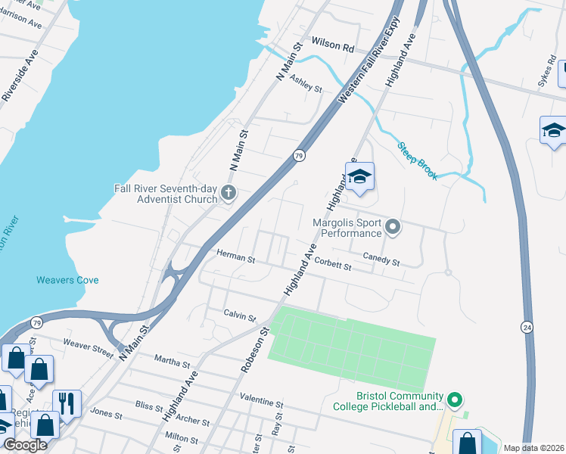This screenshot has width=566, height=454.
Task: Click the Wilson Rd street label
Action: (x=333, y=47)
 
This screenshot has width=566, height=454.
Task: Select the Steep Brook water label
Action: (x=418, y=159)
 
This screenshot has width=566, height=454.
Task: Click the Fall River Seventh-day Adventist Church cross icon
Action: (x=228, y=194)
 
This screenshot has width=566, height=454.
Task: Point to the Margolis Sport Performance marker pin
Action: (x=393, y=226)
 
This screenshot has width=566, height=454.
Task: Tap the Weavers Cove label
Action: (x=67, y=280)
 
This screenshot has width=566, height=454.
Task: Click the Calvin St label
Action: (x=240, y=314)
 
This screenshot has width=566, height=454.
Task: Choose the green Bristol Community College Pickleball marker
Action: (x=454, y=398)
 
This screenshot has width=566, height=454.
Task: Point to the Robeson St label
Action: (x=254, y=348)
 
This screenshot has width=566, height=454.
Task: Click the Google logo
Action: (x=25, y=445)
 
